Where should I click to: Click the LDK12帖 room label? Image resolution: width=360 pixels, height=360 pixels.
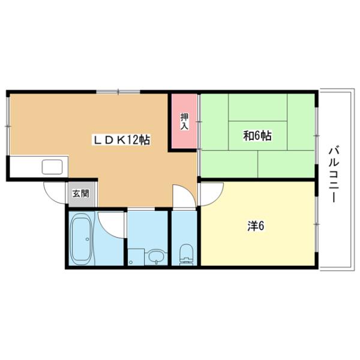coord(120,140)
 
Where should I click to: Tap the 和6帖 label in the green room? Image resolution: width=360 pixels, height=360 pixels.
coord(257,136)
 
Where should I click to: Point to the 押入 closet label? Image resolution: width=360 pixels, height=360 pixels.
coord(185,121)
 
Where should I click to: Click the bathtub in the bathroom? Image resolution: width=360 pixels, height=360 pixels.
coord(81,238)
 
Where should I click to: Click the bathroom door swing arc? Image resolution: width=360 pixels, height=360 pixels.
coord(110,223)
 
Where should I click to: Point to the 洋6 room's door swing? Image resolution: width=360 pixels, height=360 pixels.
coord(210,194)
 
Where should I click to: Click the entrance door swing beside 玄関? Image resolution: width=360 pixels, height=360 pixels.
coord(55,192)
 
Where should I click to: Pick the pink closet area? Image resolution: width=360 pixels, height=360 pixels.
coord(185,121)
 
